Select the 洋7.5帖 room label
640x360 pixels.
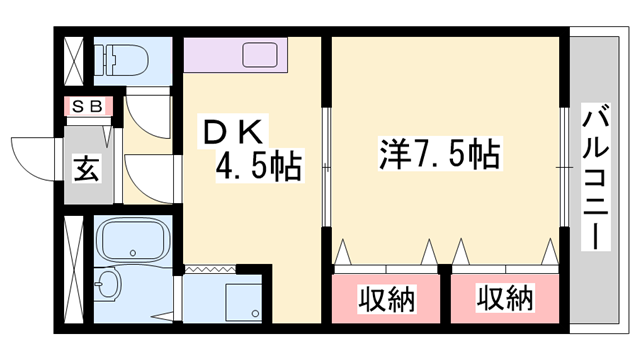coord(439,153)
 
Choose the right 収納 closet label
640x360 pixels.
coord(504,298)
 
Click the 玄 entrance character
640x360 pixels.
coord(84,169)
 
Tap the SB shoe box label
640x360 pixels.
coord(88,105)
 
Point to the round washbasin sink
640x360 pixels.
coord(108,286)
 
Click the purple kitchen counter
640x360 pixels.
coord(236,53)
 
